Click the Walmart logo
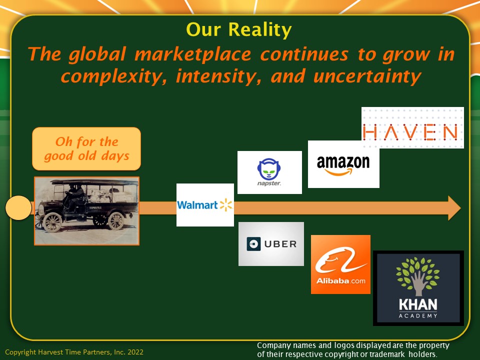[205, 205]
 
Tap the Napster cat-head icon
[269, 169]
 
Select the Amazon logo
[343, 164]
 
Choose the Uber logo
[271, 244]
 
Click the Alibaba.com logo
[340, 264]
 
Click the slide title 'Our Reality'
[239, 29]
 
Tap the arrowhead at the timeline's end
[454, 208]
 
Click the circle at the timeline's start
[18, 208]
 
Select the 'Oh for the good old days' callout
[86, 149]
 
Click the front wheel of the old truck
[52, 222]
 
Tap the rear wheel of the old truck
[116, 220]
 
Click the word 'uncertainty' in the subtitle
[367, 76]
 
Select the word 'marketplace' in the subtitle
[193, 54]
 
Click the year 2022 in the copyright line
[135, 352]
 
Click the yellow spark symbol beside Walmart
[226, 205]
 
